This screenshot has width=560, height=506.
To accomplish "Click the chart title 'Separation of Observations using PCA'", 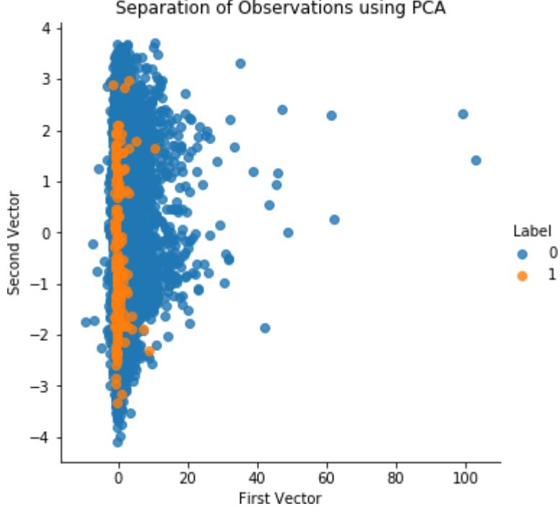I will pos(280,9).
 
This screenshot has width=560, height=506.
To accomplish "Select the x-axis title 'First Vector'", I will pos(280,498).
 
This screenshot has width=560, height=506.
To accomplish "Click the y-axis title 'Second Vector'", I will pos(14,242).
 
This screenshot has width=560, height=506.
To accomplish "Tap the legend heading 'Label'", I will pos(533,231).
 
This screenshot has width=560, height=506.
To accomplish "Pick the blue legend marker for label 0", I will pos(522,254).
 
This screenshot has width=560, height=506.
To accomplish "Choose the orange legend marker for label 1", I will pos(522,275).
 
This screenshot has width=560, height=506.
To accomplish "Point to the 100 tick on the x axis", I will pos(465,477).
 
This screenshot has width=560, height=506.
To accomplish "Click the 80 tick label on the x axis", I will pos(395,477).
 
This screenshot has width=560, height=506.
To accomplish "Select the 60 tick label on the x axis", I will pos(326,477).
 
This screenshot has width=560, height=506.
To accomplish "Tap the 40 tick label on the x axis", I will pos(257,477).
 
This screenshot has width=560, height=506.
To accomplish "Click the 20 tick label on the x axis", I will pos(188,477).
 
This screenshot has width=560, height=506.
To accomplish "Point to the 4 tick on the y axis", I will pos(46,29).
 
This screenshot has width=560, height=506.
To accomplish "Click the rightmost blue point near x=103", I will pos(476,160).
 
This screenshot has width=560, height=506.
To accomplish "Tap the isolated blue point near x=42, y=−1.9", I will pos(265,328).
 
